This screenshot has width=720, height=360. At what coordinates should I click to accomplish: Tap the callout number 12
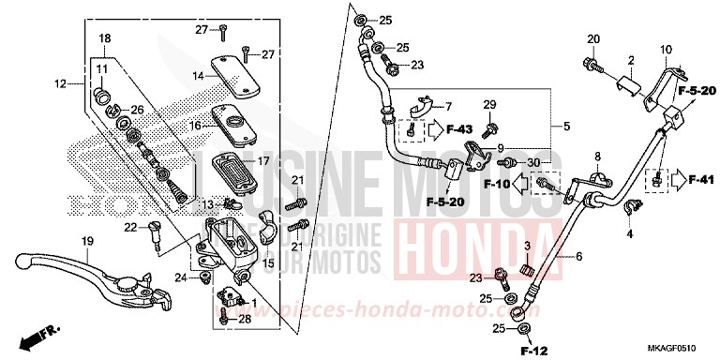coord(59,84)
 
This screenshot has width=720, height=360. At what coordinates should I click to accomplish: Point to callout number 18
coord(104,37)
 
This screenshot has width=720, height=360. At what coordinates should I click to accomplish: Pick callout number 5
coord(567,126)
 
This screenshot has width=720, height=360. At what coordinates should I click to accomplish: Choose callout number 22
coord(130,226)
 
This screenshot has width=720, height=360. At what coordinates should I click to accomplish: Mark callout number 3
coord(528,246)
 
